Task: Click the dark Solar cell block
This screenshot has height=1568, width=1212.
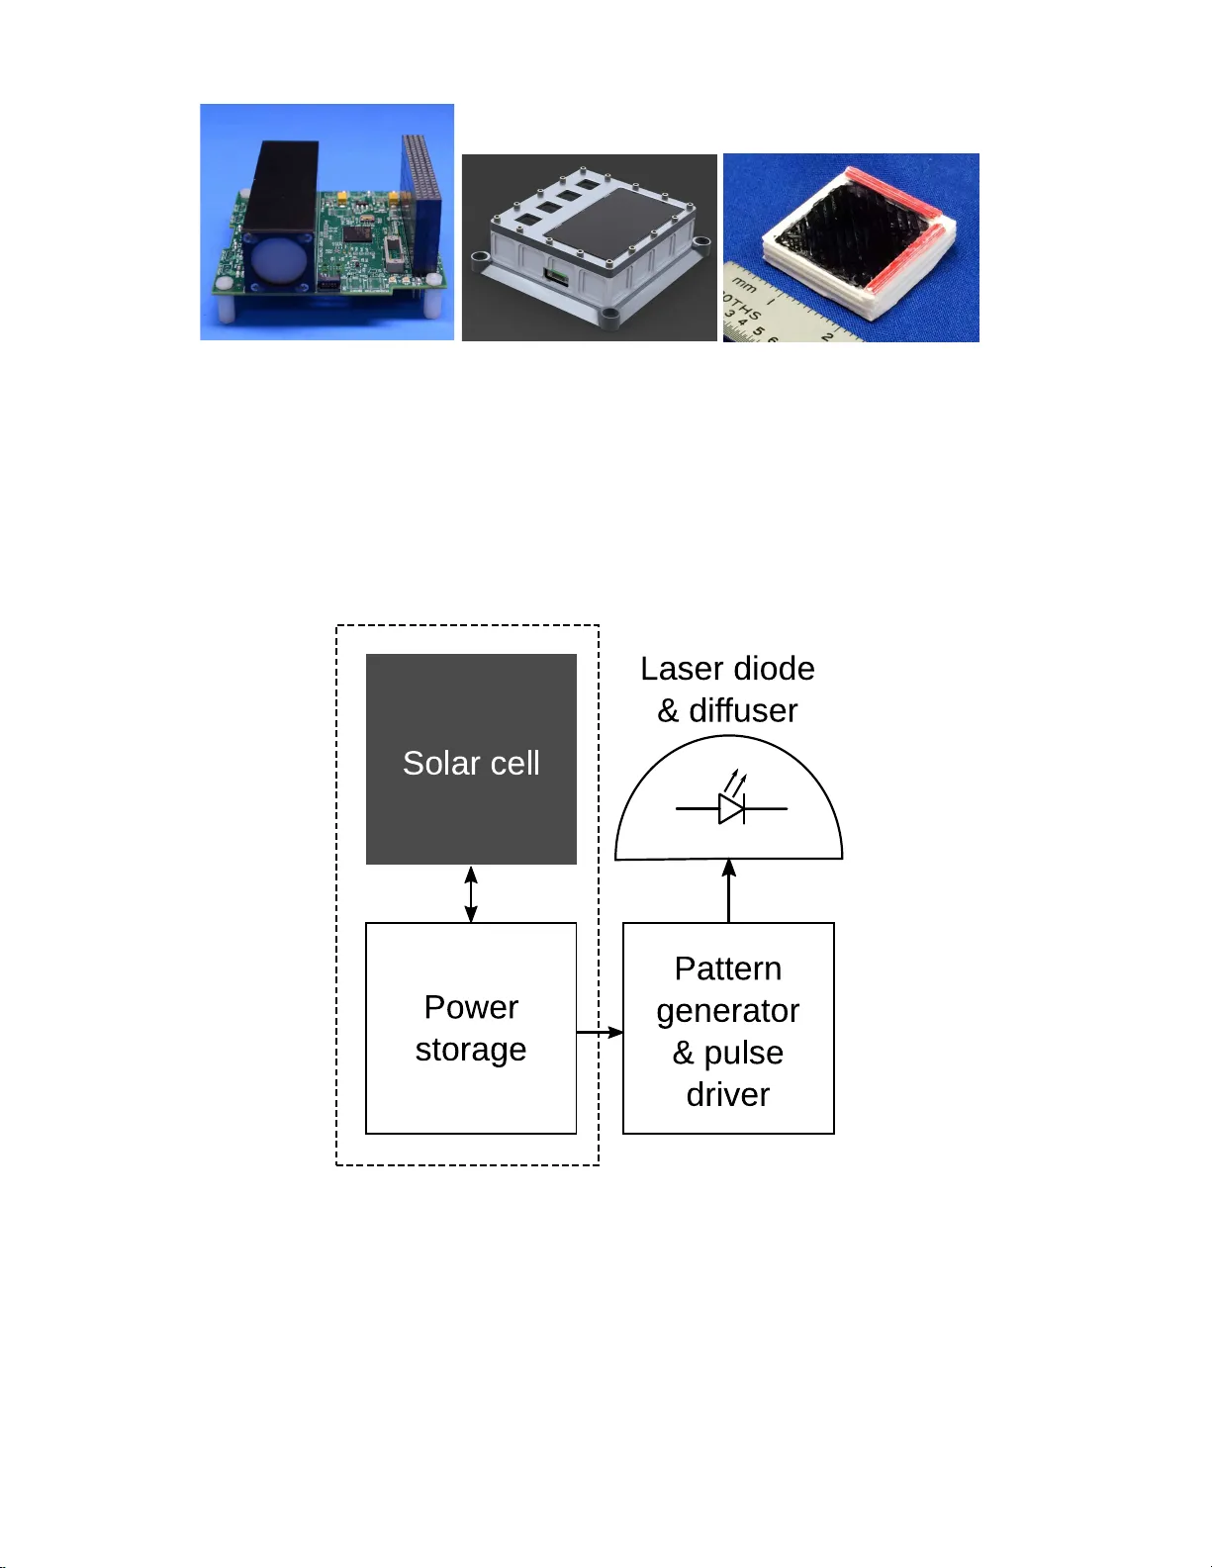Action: [471, 759]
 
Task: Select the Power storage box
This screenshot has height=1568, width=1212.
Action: [471, 1028]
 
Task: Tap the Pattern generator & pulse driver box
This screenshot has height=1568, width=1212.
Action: [728, 1028]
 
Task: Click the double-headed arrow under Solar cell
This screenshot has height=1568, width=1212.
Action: [471, 894]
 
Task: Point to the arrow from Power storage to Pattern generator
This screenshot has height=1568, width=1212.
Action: [600, 1033]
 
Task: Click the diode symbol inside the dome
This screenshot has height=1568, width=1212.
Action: [731, 808]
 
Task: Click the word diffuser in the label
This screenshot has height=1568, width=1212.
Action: [743, 710]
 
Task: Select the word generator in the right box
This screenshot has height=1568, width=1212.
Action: [728, 1011]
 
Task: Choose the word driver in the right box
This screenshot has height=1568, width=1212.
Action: [728, 1095]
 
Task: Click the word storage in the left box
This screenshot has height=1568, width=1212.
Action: [471, 1050]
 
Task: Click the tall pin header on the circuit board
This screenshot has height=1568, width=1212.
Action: [422, 203]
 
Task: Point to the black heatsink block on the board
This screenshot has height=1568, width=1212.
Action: [281, 188]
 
